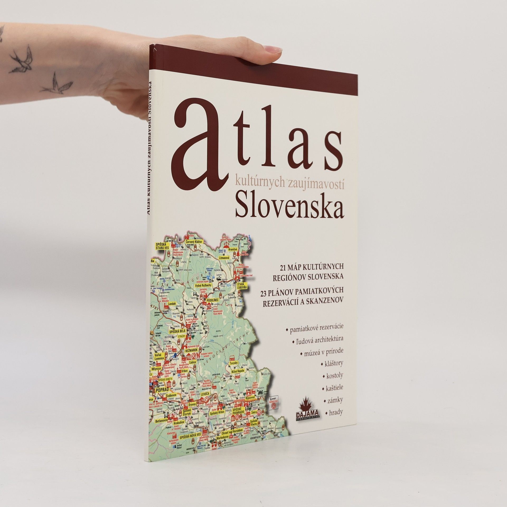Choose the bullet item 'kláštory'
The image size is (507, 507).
click(334, 363)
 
